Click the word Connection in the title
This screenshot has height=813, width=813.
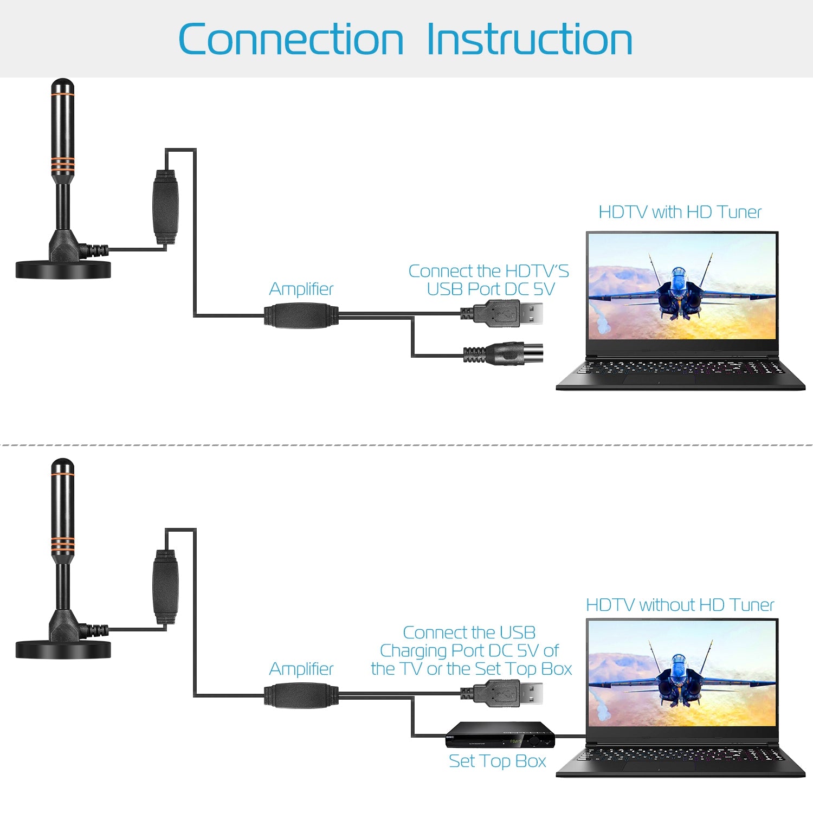[x=291, y=39]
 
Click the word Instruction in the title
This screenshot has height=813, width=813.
[x=530, y=39]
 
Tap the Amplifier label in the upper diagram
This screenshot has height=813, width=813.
[x=301, y=289]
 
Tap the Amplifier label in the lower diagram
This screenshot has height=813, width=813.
[x=301, y=669]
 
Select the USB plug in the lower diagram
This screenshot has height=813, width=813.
[x=502, y=694]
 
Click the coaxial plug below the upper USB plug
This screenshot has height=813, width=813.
[x=503, y=354]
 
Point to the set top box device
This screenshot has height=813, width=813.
[x=500, y=735]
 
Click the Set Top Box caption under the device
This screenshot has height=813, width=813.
[x=498, y=761]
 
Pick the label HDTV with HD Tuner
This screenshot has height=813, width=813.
[x=680, y=212]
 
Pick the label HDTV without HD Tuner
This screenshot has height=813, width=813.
[x=680, y=605]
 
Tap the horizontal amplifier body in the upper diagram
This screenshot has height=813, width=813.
[x=301, y=315]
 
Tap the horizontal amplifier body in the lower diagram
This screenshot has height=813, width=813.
[x=301, y=695]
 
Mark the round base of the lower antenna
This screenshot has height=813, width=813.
[x=63, y=649]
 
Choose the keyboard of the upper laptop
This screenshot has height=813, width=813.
[x=681, y=369]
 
